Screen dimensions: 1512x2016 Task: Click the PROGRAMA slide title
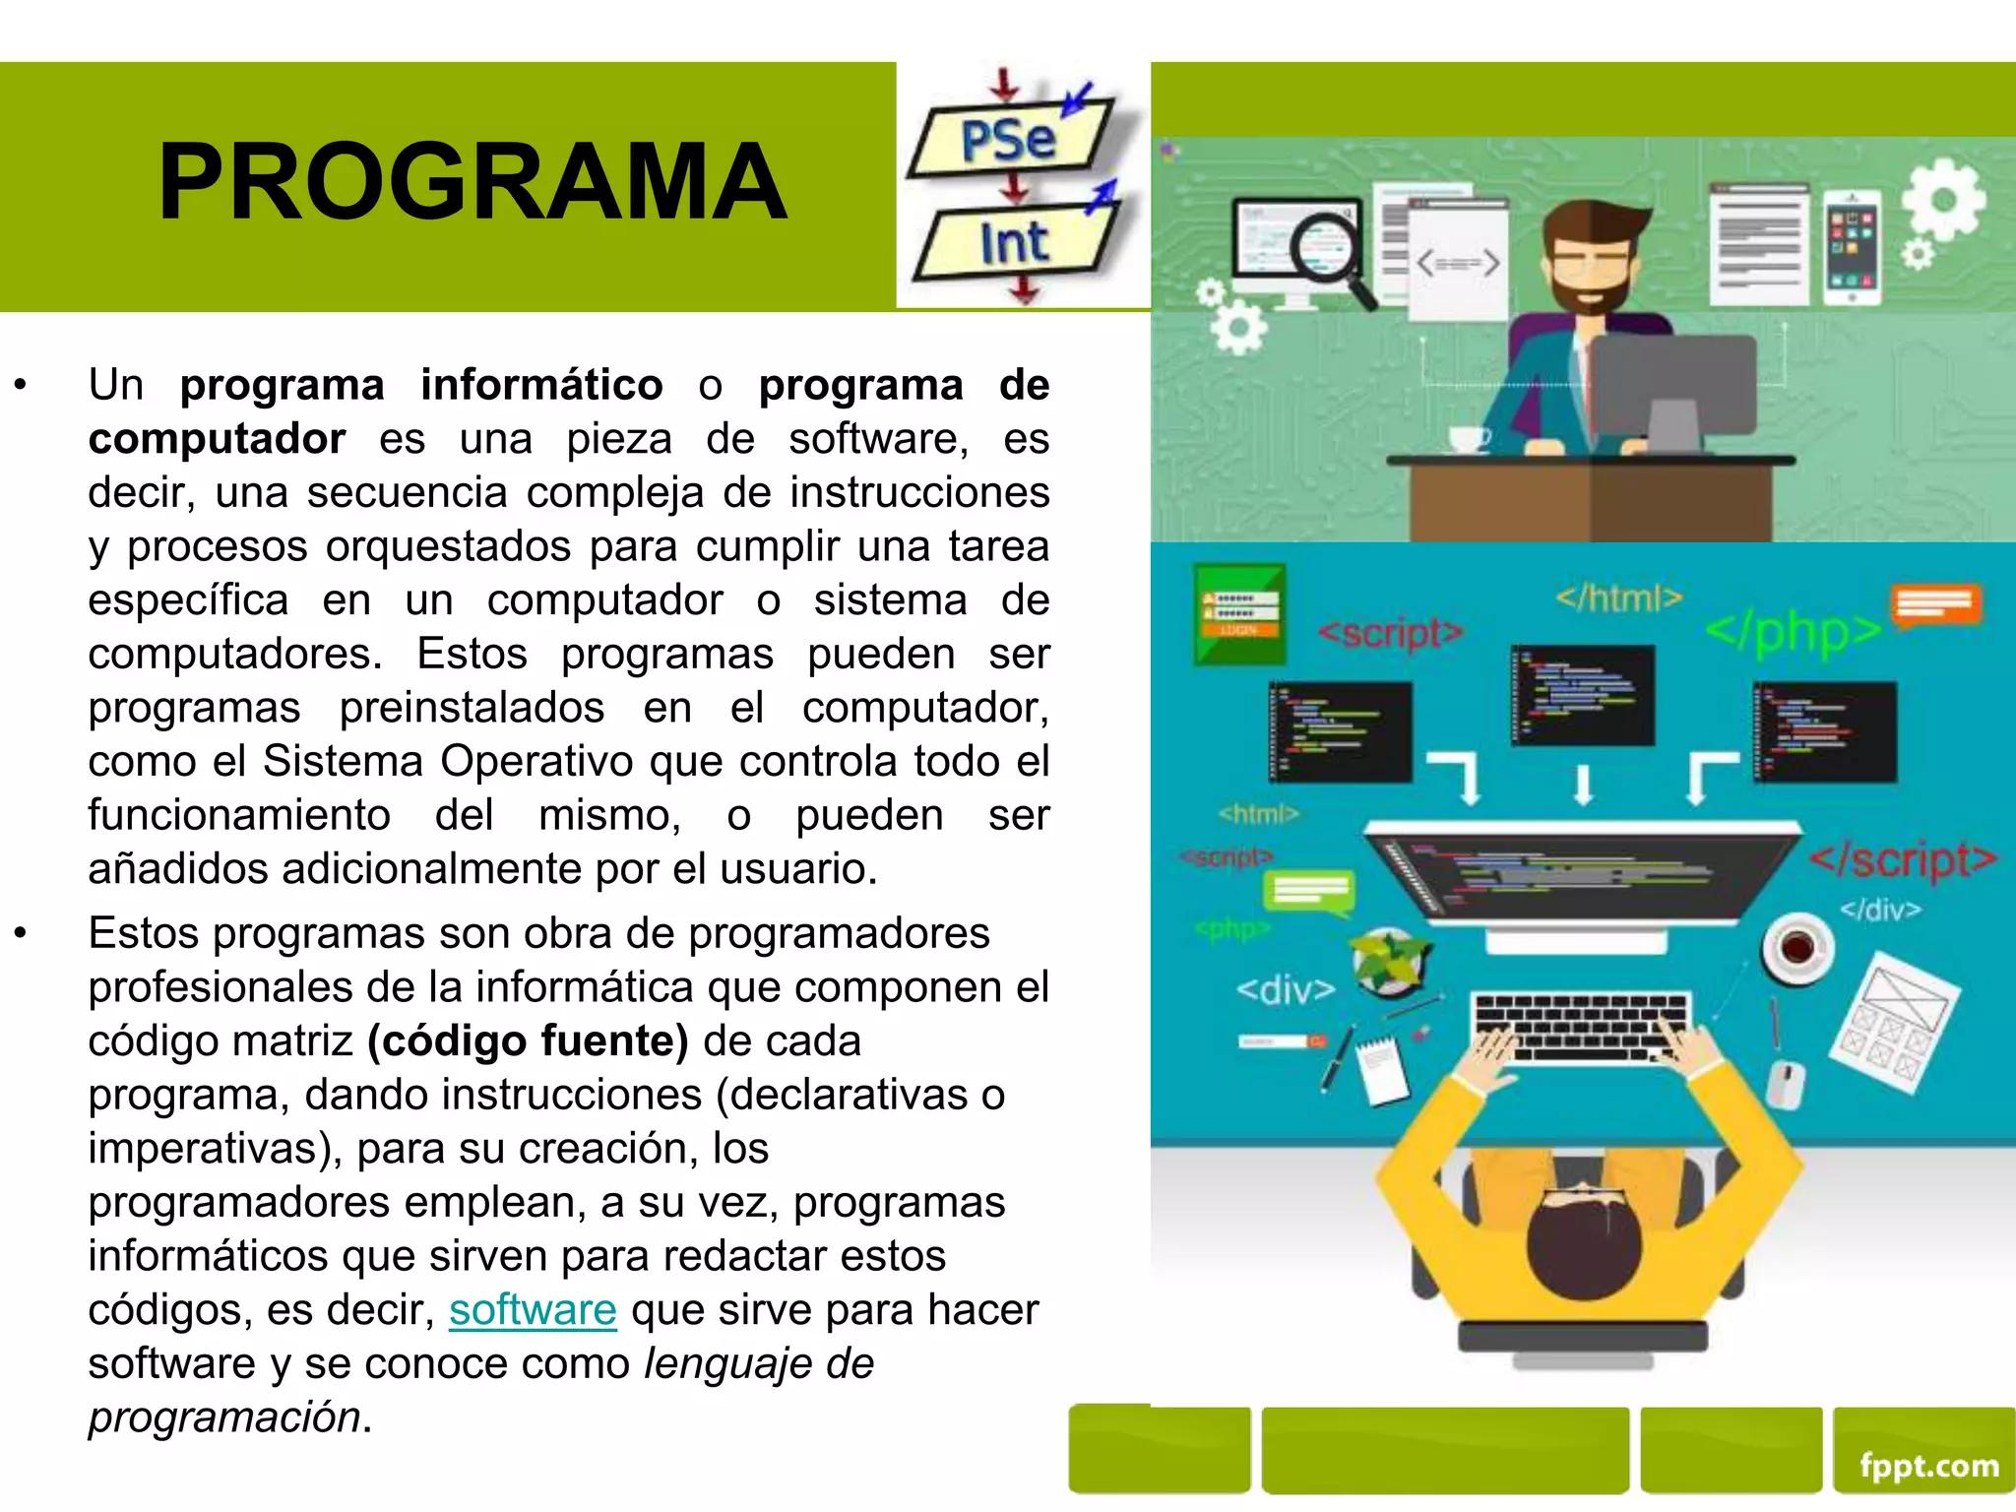coord(472,182)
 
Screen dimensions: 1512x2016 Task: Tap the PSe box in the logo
coord(1008,141)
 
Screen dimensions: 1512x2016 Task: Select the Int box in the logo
coord(1014,242)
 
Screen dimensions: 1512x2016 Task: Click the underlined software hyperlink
coord(533,1310)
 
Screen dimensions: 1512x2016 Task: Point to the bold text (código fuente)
coord(528,1041)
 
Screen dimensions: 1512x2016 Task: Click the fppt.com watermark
coord(1928,1466)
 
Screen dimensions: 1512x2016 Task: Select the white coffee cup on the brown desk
coord(1469,439)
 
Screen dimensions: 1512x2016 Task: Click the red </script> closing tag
coord(1903,859)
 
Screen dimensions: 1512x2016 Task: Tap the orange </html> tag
coord(1618,598)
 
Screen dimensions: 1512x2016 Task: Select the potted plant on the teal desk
coord(1389,960)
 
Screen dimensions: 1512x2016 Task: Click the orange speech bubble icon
coord(1935,603)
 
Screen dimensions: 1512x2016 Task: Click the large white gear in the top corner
coord(1943,201)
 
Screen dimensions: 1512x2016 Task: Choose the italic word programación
coord(224,1417)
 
